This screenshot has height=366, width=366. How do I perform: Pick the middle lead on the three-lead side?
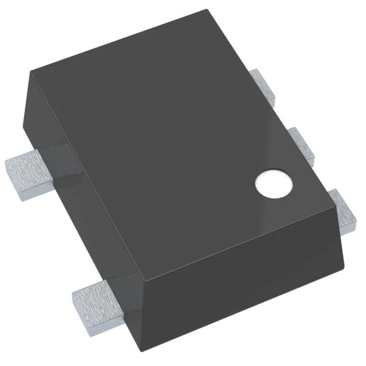[303, 143]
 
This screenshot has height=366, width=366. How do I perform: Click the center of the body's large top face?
[183, 143]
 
